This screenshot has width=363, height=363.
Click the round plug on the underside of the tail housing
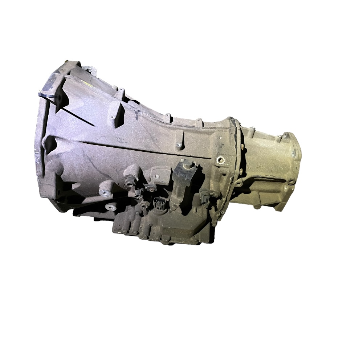[x=257, y=207]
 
